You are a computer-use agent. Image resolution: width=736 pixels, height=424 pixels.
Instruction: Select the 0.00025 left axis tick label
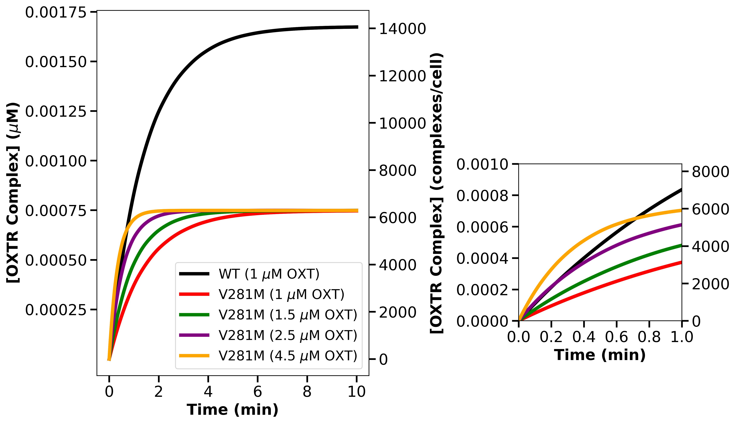click(56, 310)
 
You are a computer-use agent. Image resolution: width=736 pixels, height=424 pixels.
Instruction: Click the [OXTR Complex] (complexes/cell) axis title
click(437, 193)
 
